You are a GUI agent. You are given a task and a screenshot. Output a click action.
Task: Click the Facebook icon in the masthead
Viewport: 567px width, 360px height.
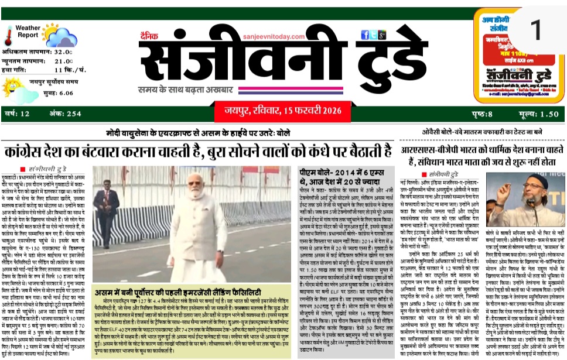[365, 35]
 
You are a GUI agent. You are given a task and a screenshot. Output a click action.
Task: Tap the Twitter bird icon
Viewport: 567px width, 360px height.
[373, 35]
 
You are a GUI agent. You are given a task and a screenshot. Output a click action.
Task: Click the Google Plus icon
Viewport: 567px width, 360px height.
[382, 35]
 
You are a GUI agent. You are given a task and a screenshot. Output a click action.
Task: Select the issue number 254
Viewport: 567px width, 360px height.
[74, 114]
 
